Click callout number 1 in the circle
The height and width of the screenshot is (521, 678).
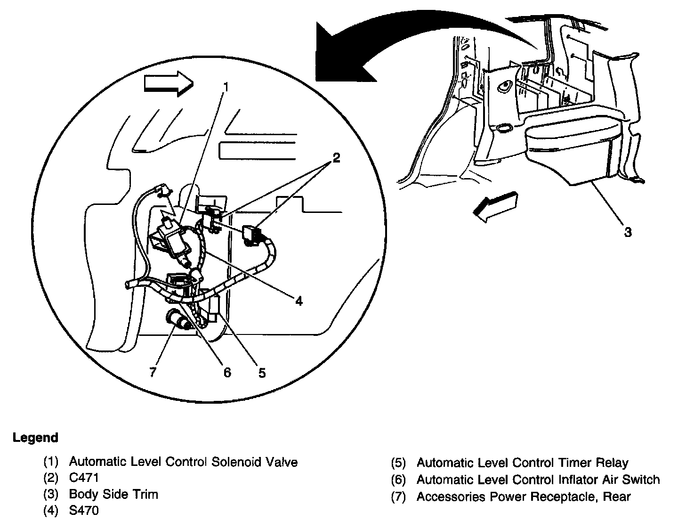pos(226,87)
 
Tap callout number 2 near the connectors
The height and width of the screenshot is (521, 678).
pos(336,158)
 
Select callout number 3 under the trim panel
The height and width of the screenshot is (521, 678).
pos(628,232)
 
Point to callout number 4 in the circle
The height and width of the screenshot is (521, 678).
pos(299,301)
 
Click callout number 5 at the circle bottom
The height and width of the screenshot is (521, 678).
pos(262,373)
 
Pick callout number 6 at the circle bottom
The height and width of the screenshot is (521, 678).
pos(227,373)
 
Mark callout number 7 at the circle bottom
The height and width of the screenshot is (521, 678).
pos(152,372)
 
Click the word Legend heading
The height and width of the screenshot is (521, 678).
pos(35,438)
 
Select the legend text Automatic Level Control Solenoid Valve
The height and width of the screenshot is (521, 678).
pos(183,462)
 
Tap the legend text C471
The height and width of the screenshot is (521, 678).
pos(84,478)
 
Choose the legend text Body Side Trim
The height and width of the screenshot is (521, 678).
pos(113,494)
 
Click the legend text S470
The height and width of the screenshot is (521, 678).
pos(84,510)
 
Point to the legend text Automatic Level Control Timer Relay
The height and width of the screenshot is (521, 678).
pos(522,463)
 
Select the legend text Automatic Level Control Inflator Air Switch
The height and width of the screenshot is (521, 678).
pos(538,480)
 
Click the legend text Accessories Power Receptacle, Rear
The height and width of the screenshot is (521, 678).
pos(523,496)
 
